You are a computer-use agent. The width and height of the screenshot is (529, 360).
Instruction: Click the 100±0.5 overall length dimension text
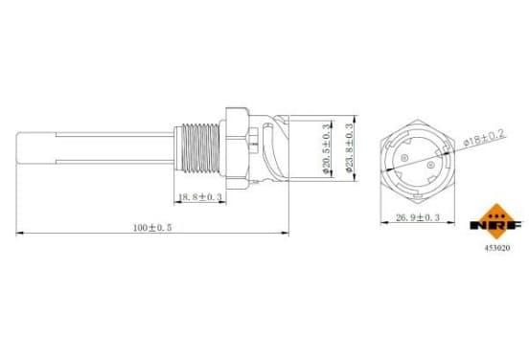coord(152,228)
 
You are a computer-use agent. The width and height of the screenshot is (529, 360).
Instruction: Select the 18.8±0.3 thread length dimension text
coord(199,197)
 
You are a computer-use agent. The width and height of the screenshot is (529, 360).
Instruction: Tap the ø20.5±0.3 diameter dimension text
coord(326,148)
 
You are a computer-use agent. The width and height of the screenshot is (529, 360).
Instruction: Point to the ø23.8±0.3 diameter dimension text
coord(350,147)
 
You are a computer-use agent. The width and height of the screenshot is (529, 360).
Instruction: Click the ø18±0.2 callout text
coord(485,138)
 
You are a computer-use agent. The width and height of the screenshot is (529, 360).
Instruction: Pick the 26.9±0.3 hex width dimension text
coord(418,217)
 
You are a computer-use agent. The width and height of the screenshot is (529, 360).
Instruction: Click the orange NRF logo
coord(496,221)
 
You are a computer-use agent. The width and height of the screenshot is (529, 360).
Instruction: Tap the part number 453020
coord(497,248)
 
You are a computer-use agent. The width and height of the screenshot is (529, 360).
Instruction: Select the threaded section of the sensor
coord(200,148)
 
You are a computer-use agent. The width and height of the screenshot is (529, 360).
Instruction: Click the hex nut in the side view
coord(237,148)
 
